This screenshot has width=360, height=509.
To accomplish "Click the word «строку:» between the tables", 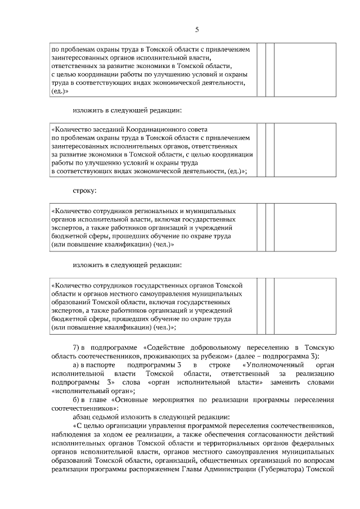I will pos(84,191).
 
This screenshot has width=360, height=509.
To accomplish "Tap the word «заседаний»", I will pos(107,129).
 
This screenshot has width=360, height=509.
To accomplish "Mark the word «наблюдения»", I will pos(70,436).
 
